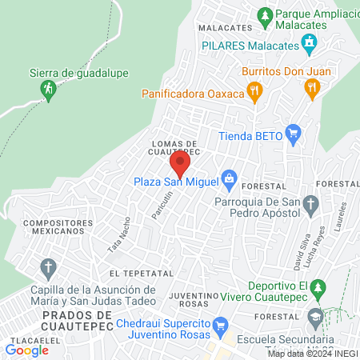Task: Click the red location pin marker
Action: [x=179, y=165]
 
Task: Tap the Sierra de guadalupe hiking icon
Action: [x=48, y=88]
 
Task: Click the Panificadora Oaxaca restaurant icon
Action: [x=254, y=93]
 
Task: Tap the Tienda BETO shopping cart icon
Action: [x=293, y=134]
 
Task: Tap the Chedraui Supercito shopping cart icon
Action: [x=222, y=324]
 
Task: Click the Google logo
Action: [x=27, y=350]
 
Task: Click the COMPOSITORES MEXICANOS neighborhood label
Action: [x=54, y=226]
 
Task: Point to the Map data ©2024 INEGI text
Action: [x=312, y=354]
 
